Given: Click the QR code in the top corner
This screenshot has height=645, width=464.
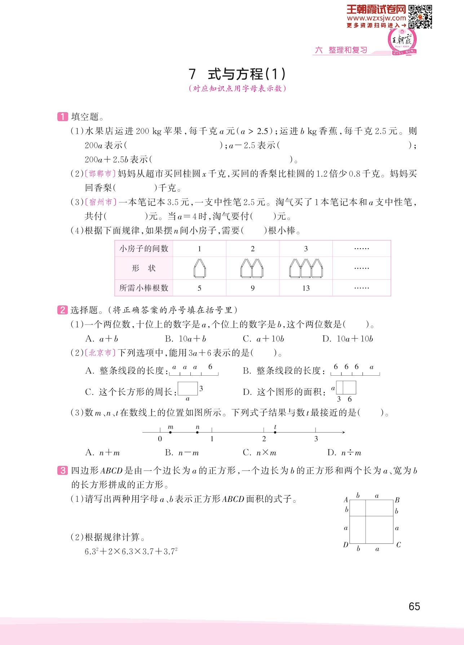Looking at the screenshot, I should coord(420,16).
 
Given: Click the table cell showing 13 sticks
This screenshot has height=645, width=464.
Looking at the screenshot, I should coord(306,288).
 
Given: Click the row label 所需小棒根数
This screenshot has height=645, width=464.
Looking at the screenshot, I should coord(144,288).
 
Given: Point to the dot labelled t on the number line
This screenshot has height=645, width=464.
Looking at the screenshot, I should coord(275,432).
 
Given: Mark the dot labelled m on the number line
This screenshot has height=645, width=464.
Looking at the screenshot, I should coord(171,432).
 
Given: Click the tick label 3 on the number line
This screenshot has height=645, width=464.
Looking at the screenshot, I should coord(316,439).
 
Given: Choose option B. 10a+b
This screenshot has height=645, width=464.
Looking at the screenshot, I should coord(185,339).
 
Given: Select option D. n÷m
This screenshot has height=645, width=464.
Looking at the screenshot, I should coord(344,453).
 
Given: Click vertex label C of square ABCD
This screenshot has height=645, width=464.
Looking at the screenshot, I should coord(398,545).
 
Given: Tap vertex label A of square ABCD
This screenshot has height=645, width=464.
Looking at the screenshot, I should coord(346,500).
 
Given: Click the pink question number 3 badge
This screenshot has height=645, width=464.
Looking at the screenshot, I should coord(62,471).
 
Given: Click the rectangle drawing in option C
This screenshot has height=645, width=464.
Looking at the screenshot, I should coord(188,389).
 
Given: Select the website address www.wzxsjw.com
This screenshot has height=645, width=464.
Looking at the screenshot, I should coord(376,18).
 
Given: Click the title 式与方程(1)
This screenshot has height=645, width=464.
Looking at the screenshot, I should coord(237,74).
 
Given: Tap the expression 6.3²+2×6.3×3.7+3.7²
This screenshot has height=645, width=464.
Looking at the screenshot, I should coord(132,552).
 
